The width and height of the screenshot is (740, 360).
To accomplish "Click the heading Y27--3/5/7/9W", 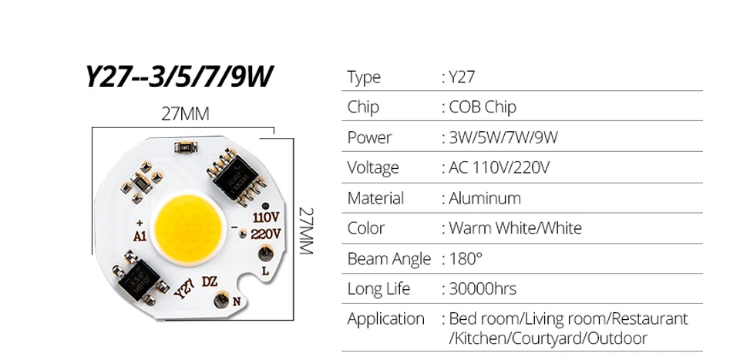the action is coord(180,77).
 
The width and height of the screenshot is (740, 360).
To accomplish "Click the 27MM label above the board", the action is coord(185,114).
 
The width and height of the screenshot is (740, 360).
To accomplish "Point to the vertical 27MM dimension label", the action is coord(307,231).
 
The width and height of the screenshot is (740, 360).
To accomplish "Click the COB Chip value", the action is coord(483,107).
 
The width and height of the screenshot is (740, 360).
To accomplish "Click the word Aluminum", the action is coord(485,198).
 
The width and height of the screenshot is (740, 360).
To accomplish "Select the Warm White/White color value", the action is coord(515,228).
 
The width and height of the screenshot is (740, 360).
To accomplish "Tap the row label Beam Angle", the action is coord(388,258).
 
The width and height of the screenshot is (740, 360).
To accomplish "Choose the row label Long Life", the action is coord(378,289).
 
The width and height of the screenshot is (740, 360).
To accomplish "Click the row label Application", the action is coord(385,319).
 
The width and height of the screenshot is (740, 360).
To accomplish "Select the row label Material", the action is coord(375,198).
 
